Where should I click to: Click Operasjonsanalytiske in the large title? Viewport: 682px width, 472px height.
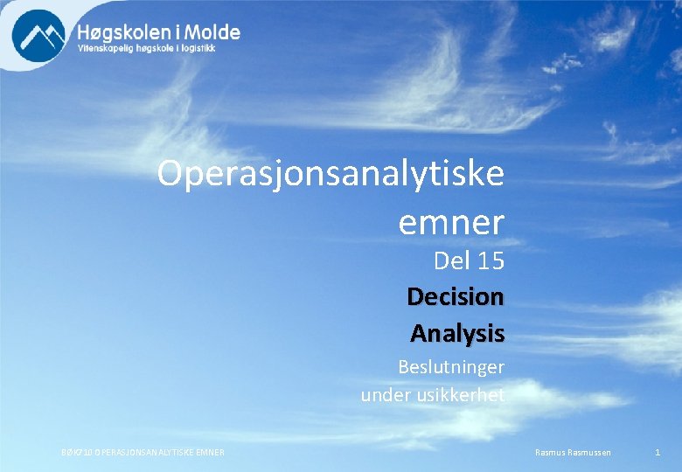pyautogui.click(x=331, y=174)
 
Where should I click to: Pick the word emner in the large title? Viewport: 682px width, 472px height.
pyautogui.click(x=451, y=223)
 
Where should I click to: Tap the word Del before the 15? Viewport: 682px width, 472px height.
pyautogui.click(x=451, y=260)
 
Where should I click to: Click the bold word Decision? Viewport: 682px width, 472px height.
pyautogui.click(x=456, y=297)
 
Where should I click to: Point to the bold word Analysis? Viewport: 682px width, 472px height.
pyautogui.click(x=457, y=334)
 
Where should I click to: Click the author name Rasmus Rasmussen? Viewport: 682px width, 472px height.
pyautogui.click(x=573, y=452)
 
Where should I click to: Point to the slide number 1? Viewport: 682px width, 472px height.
pyautogui.click(x=658, y=452)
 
